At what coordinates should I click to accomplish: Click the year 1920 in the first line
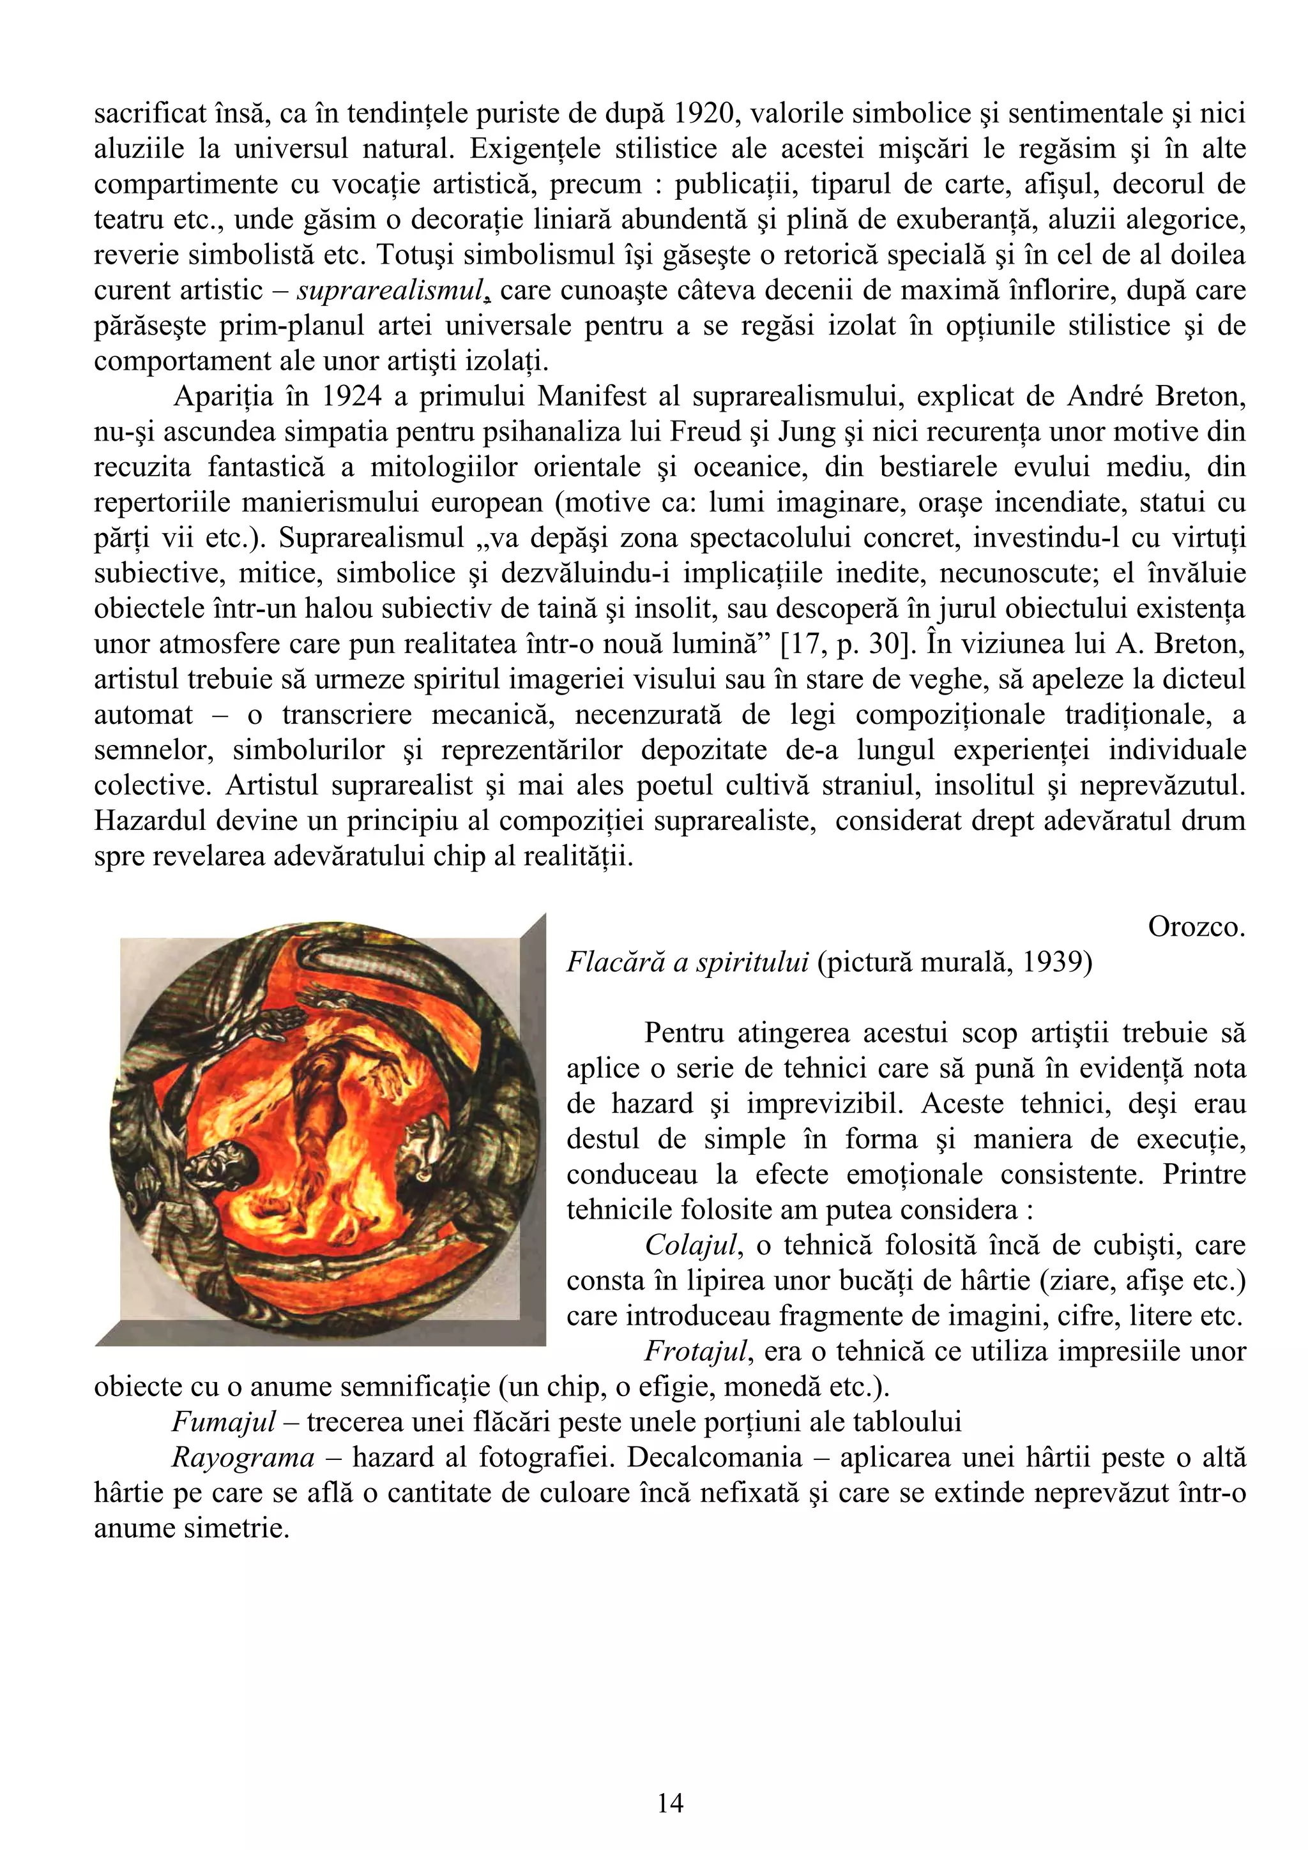pos(702,114)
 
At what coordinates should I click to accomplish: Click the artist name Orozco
pos(1196,928)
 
